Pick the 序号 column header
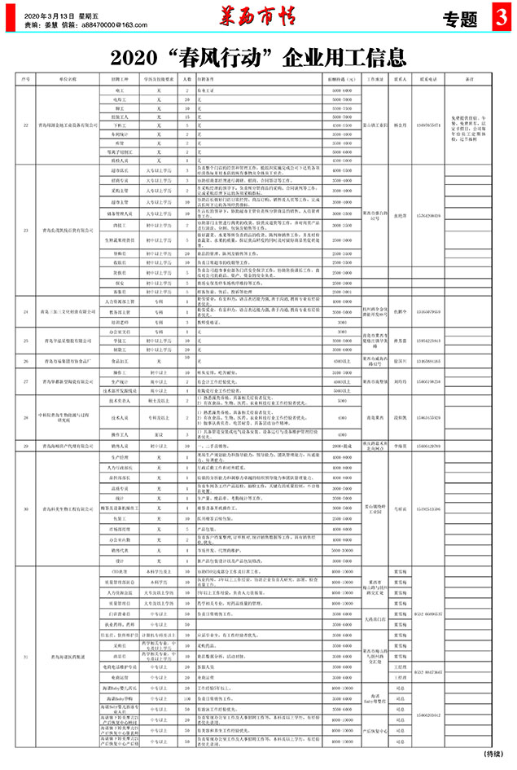(26, 80)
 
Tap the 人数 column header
(187, 80)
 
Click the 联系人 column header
(401, 80)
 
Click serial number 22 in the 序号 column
(26, 125)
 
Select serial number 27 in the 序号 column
(26, 381)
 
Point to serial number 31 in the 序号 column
(26, 657)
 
